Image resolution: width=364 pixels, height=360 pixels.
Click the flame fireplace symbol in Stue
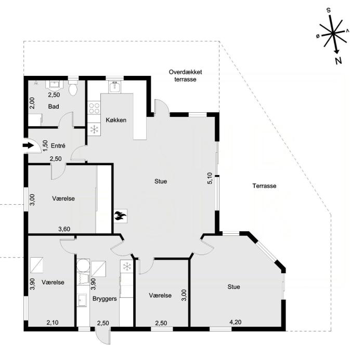pyautogui.click(x=120, y=215)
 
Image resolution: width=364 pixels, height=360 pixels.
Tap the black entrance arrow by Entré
pyautogui.click(x=28, y=146)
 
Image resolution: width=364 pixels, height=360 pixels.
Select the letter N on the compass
pyautogui.click(x=339, y=61)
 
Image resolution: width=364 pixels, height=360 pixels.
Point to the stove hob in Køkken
pyautogui.click(x=95, y=109)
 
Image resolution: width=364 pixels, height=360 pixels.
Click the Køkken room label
pyautogui.click(x=116, y=120)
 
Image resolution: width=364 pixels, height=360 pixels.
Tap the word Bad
pyautogui.click(x=54, y=106)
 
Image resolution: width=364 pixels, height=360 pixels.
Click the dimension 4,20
pyautogui.click(x=237, y=323)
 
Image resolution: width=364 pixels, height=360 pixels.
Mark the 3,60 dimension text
pyautogui.click(x=64, y=229)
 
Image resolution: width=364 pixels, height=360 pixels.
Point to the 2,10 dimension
pyautogui.click(x=52, y=323)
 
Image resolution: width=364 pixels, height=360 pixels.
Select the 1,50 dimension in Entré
pyautogui.click(x=45, y=146)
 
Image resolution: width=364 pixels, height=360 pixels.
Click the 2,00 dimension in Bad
pyautogui.click(x=32, y=103)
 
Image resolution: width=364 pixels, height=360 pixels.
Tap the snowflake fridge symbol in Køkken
pyautogui.click(x=95, y=129)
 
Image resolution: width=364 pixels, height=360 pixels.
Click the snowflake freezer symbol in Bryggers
pyautogui.click(x=126, y=266)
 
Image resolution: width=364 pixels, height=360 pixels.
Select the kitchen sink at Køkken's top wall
pyautogui.click(x=115, y=86)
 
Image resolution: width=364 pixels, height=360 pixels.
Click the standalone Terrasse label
pyautogui.click(x=264, y=185)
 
